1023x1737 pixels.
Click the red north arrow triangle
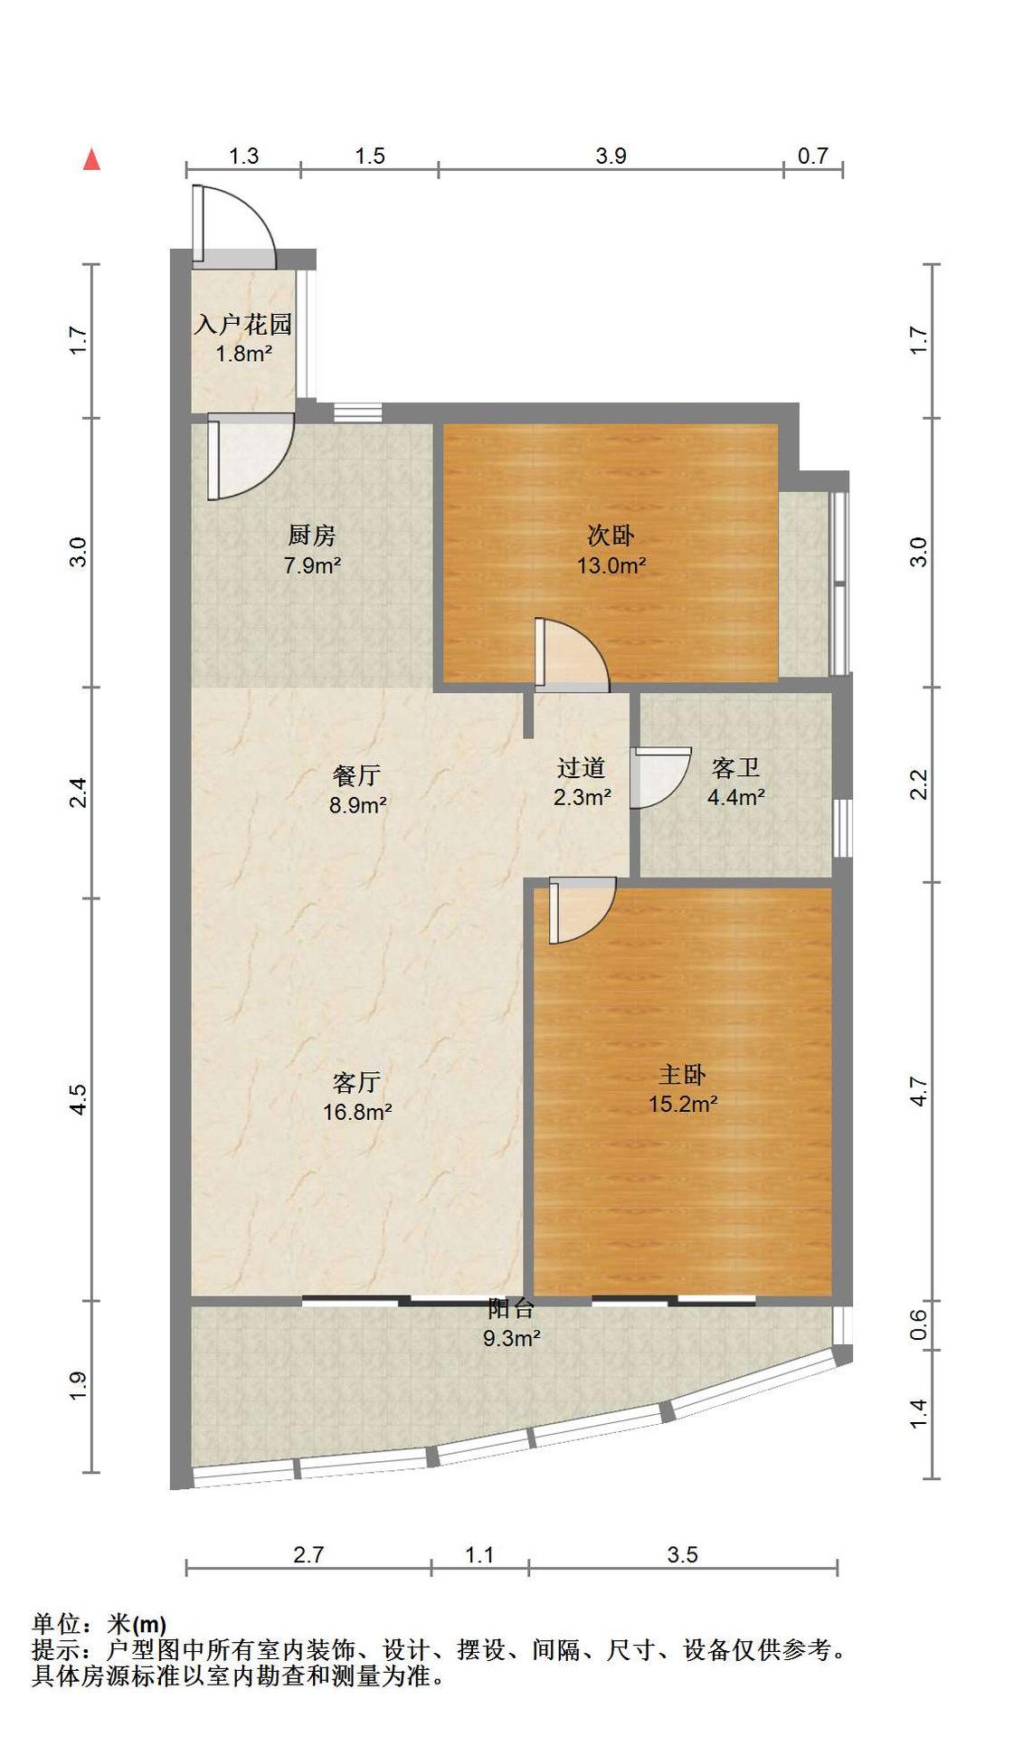pyautogui.click(x=91, y=159)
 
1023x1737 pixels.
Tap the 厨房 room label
pyautogui.click(x=312, y=536)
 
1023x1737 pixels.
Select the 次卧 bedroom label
pyautogui.click(x=611, y=536)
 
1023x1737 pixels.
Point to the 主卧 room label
pyautogui.click(x=682, y=1074)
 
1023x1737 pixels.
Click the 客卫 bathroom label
pyautogui.click(x=735, y=768)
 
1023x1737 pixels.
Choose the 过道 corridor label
pyautogui.click(x=581, y=768)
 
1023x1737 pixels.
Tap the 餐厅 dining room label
pyautogui.click(x=356, y=775)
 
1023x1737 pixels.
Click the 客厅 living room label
pyautogui.click(x=356, y=1082)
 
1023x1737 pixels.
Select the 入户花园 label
pyautogui.click(x=243, y=324)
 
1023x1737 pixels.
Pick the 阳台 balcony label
pyautogui.click(x=511, y=1308)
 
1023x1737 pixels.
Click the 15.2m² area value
pyautogui.click(x=683, y=1104)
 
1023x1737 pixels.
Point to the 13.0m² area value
pyautogui.click(x=611, y=565)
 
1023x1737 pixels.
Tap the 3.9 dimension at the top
pyautogui.click(x=611, y=156)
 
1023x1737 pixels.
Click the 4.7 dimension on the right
pyautogui.click(x=919, y=1091)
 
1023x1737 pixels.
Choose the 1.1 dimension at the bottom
pyautogui.click(x=479, y=1554)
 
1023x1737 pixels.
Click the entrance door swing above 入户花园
pyautogui.click(x=233, y=225)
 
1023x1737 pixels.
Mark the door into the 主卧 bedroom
pyautogui.click(x=582, y=910)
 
